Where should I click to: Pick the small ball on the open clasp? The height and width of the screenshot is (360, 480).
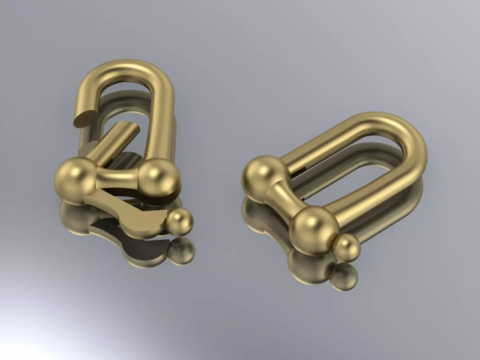[180, 222]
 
